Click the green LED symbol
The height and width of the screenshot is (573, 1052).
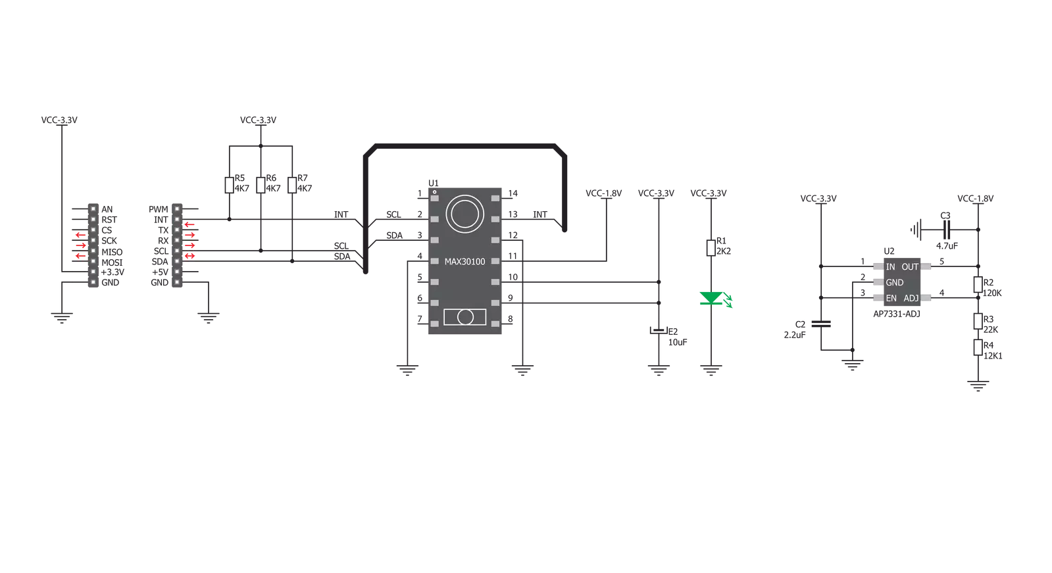(711, 298)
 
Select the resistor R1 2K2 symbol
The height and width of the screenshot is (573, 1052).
(711, 247)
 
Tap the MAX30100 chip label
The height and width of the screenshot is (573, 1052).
(464, 262)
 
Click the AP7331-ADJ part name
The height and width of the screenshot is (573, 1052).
(897, 314)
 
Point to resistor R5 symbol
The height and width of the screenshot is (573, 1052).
(229, 185)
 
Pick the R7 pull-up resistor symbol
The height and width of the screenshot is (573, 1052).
(292, 185)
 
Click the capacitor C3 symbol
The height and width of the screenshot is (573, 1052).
(946, 230)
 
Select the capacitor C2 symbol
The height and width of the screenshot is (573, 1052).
(821, 324)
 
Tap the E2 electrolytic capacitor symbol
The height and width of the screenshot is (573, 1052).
(659, 330)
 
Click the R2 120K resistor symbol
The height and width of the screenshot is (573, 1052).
(978, 285)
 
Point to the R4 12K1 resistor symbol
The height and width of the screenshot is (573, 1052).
(978, 347)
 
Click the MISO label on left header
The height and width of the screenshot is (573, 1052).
(112, 252)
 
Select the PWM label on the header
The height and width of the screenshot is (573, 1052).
(159, 209)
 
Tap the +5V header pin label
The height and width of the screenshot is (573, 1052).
(160, 272)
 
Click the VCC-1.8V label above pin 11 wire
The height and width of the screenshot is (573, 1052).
(603, 193)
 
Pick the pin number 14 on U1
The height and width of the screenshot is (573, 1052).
(513, 193)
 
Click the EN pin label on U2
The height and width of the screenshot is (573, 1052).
(891, 299)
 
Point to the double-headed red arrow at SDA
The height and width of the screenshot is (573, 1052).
(189, 256)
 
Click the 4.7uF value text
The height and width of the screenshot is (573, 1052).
(947, 246)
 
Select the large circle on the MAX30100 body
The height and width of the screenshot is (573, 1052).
(464, 196)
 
